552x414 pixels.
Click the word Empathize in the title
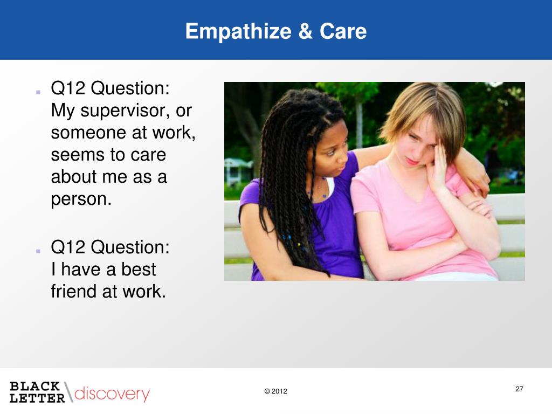pos(238,32)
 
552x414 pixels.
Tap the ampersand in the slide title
pos(305,31)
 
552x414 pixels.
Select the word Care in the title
pos(343,31)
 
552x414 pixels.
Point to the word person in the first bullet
pos(81,199)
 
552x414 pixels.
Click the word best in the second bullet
pos(139,270)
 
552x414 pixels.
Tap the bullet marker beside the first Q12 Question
pos(38,92)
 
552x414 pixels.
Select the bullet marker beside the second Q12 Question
pos(38,251)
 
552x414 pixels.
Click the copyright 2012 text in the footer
pos(275,391)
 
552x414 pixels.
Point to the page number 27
pos(519,389)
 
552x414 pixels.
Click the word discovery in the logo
pos(112,394)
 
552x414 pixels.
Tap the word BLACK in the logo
pos(35,386)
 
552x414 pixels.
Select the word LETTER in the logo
pos(37,398)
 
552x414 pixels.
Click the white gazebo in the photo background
pos(238,171)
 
